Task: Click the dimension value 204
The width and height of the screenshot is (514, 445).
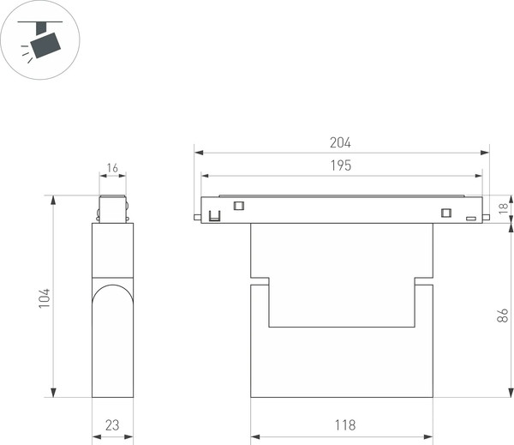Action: point(340,143)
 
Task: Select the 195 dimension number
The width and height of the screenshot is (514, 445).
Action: point(340,165)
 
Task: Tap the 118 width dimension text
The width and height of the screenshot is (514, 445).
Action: point(341,424)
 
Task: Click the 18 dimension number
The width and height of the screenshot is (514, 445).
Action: point(504,207)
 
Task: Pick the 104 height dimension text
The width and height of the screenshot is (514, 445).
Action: point(45,298)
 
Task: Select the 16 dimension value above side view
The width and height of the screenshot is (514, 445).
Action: point(112,168)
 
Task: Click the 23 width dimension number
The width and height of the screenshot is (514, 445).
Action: point(112,424)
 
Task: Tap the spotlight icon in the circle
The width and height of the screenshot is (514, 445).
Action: point(39,40)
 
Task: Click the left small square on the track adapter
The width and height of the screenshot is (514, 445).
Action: point(239,204)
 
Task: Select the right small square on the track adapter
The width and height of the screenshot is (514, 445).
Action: point(445,213)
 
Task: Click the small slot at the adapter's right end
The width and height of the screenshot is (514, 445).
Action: point(470,219)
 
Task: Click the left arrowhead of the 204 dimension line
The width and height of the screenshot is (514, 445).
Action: point(198,153)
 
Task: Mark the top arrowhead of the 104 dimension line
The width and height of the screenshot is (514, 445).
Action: point(53,199)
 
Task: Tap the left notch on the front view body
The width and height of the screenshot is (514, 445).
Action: point(260,280)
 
